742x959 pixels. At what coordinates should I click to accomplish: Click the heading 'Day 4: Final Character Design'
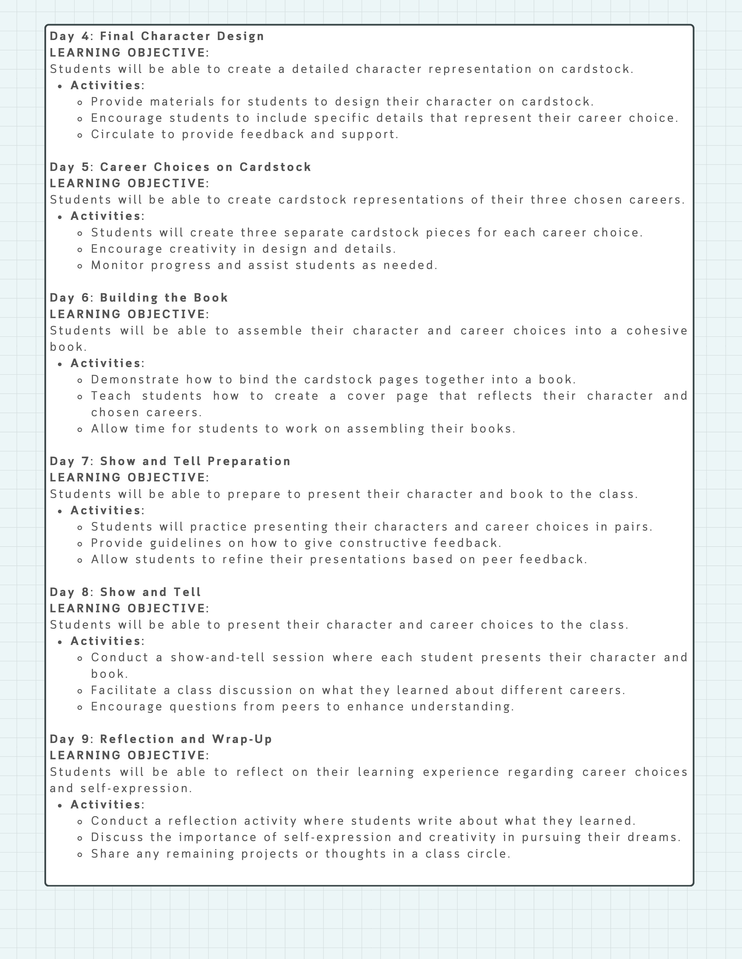coord(157,36)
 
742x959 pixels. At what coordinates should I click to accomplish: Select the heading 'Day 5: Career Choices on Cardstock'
coord(180,167)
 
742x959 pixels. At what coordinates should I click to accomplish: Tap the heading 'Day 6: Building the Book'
coord(139,298)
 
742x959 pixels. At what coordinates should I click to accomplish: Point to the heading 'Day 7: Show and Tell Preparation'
coord(170,461)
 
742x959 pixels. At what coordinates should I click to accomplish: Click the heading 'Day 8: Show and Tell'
coord(125,592)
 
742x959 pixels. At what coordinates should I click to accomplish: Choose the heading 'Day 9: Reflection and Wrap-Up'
coord(161,739)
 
